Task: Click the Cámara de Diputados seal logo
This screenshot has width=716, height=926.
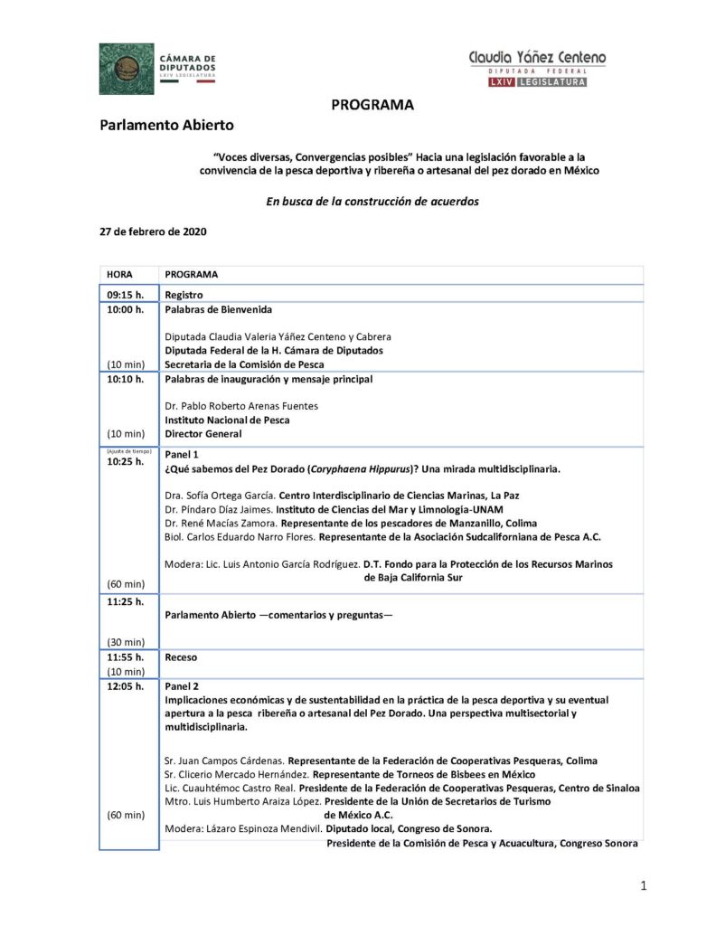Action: click(127, 69)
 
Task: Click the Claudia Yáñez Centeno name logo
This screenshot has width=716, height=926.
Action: click(537, 58)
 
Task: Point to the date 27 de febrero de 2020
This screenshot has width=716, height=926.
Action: click(153, 231)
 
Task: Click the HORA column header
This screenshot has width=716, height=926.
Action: click(119, 274)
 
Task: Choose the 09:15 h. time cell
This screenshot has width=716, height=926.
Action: click(126, 295)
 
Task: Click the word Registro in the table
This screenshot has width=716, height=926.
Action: click(184, 295)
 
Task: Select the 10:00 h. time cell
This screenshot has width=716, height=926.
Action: click(126, 309)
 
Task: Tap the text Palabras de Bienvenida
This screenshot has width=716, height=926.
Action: click(218, 309)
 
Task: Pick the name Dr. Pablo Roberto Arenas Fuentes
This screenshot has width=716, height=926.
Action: click(240, 406)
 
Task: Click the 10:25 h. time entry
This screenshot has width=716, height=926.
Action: click(126, 462)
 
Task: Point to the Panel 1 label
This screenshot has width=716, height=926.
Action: click(181, 455)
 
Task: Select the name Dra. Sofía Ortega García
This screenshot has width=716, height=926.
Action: click(220, 496)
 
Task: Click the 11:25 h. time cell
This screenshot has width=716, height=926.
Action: click(126, 601)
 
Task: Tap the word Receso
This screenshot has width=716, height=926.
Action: click(181, 657)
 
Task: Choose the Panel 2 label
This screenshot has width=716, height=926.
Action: click(181, 686)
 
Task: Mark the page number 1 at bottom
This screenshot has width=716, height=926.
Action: click(643, 886)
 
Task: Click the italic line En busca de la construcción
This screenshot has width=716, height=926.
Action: click(372, 201)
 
